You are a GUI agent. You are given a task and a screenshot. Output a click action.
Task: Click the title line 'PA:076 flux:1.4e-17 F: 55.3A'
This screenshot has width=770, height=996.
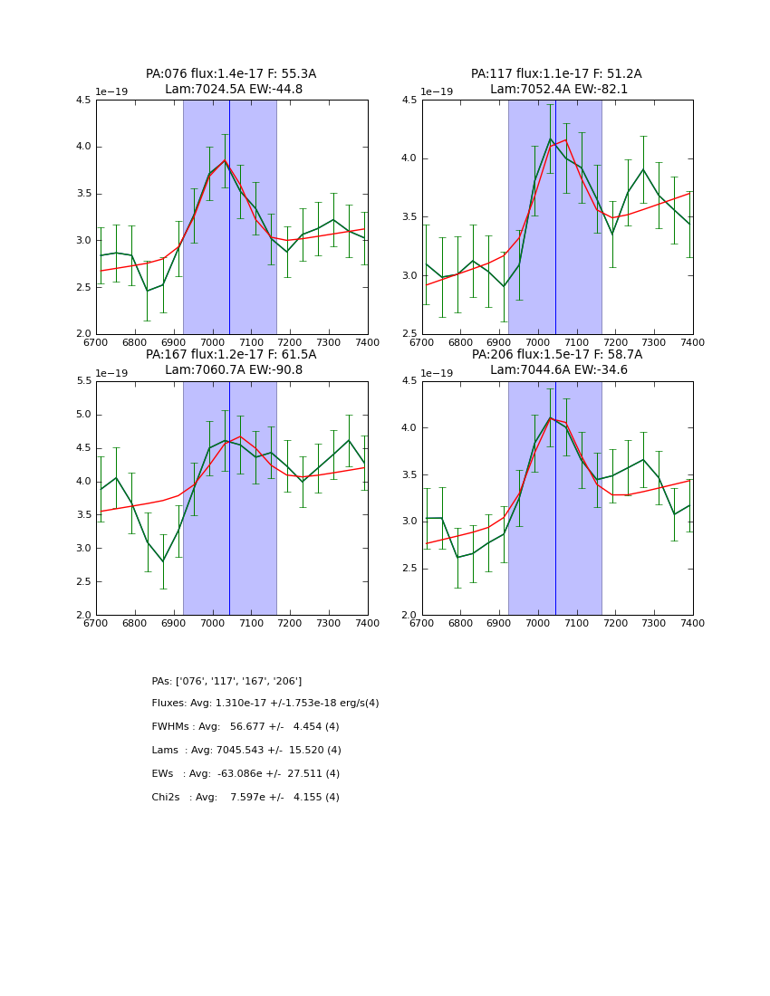[231, 74]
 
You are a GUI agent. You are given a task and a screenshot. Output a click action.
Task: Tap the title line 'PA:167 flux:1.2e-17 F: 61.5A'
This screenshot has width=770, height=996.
[231, 355]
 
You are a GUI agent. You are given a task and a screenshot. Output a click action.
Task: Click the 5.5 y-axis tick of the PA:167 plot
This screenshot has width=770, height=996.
[82, 381]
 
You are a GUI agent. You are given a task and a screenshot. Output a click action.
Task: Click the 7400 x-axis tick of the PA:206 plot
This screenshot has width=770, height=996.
[692, 623]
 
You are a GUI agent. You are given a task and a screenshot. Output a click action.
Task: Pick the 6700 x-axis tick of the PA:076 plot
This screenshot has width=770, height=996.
[96, 342]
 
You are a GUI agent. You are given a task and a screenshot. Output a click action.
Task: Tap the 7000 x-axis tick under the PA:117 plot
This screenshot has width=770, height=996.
[538, 342]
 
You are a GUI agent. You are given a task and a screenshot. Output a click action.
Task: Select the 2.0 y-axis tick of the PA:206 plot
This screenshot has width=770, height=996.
[409, 615]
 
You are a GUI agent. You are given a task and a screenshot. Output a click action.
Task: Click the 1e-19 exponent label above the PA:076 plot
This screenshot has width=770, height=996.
[111, 92]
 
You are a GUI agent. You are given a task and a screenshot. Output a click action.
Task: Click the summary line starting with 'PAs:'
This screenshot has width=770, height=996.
[226, 681]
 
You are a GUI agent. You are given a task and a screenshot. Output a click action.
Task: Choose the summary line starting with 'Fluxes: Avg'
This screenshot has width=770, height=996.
[265, 704]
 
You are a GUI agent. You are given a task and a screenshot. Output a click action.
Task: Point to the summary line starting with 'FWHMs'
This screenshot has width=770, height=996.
[245, 727]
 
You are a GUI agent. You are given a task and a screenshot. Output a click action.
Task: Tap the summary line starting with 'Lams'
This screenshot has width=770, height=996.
[246, 751]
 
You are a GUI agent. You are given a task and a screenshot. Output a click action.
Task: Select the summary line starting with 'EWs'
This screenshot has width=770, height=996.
[245, 774]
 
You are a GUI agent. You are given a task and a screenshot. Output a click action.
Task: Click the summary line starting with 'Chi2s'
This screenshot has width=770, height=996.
[245, 798]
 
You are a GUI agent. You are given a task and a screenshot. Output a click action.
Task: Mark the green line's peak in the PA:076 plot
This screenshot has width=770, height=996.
[225, 160]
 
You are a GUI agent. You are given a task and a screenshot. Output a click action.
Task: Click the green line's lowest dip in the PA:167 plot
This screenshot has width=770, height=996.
[163, 561]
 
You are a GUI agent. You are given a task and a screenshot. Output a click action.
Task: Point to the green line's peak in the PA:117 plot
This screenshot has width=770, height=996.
[550, 139]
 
